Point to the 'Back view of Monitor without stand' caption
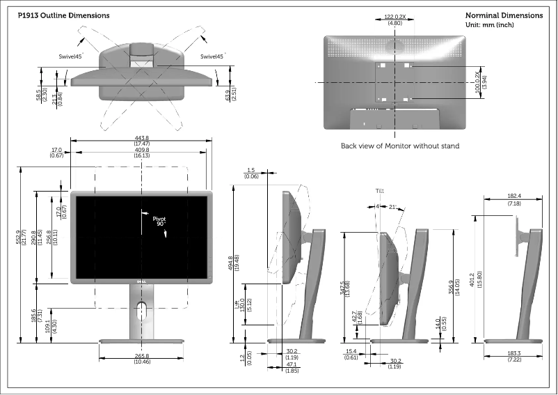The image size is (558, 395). [400, 146]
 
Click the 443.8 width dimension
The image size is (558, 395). [142, 138]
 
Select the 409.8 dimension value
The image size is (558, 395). [142, 150]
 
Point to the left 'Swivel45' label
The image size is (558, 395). [71, 56]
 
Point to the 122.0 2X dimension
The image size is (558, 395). [395, 16]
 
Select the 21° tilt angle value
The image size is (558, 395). [393, 206]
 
